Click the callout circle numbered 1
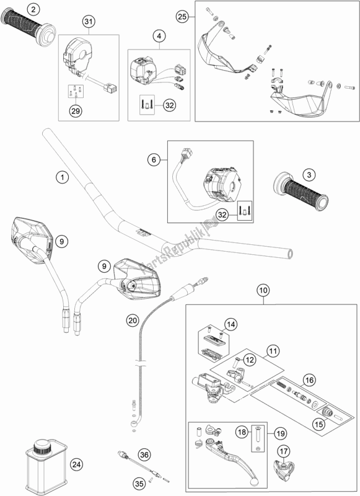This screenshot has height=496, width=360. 62,177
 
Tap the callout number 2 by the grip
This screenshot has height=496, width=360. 33,9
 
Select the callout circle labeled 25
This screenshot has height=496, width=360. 182,17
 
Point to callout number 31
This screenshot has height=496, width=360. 89,22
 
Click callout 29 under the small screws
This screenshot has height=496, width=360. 76,111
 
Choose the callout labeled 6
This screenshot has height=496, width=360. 154,159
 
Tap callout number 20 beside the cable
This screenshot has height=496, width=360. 133,321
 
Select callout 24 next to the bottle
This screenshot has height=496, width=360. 77,464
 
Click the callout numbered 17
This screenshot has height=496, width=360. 284,452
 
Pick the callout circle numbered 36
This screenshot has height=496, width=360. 144,455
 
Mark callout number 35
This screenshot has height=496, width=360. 139,484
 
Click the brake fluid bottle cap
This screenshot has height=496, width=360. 42,447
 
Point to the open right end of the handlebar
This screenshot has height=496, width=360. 289,254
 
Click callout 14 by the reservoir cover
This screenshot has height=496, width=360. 231,324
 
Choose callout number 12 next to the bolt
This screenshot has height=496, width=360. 250,360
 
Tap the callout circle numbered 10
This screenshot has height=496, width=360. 263,290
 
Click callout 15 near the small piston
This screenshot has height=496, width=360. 319,424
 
